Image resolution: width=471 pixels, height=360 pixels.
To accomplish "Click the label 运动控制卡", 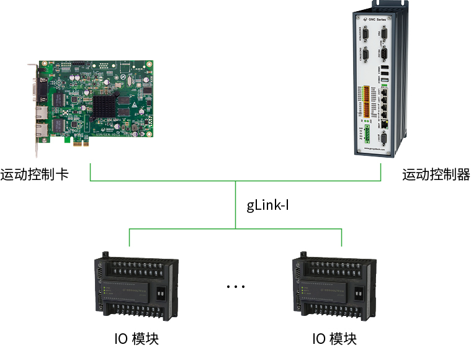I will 35,174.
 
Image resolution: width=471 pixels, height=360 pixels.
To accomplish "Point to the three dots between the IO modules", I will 236,287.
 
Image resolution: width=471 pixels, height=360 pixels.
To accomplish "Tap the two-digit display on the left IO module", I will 160,290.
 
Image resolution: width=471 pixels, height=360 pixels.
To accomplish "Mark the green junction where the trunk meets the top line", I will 236,181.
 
